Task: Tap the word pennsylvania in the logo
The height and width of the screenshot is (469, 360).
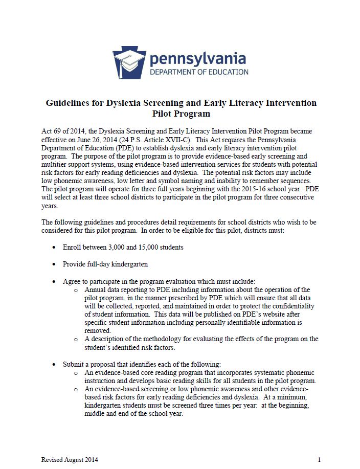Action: [197, 59]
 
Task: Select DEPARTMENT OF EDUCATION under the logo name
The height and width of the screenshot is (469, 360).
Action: [198, 72]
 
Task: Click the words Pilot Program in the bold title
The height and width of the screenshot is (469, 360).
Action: [181, 114]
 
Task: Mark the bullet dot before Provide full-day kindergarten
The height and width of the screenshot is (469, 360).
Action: [55, 264]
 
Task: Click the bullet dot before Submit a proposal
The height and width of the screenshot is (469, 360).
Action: [55, 364]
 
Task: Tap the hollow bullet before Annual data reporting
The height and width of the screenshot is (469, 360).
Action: [76, 290]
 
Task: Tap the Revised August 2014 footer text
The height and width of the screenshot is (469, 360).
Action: [70, 459]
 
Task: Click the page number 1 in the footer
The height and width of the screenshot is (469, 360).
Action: [319, 459]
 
